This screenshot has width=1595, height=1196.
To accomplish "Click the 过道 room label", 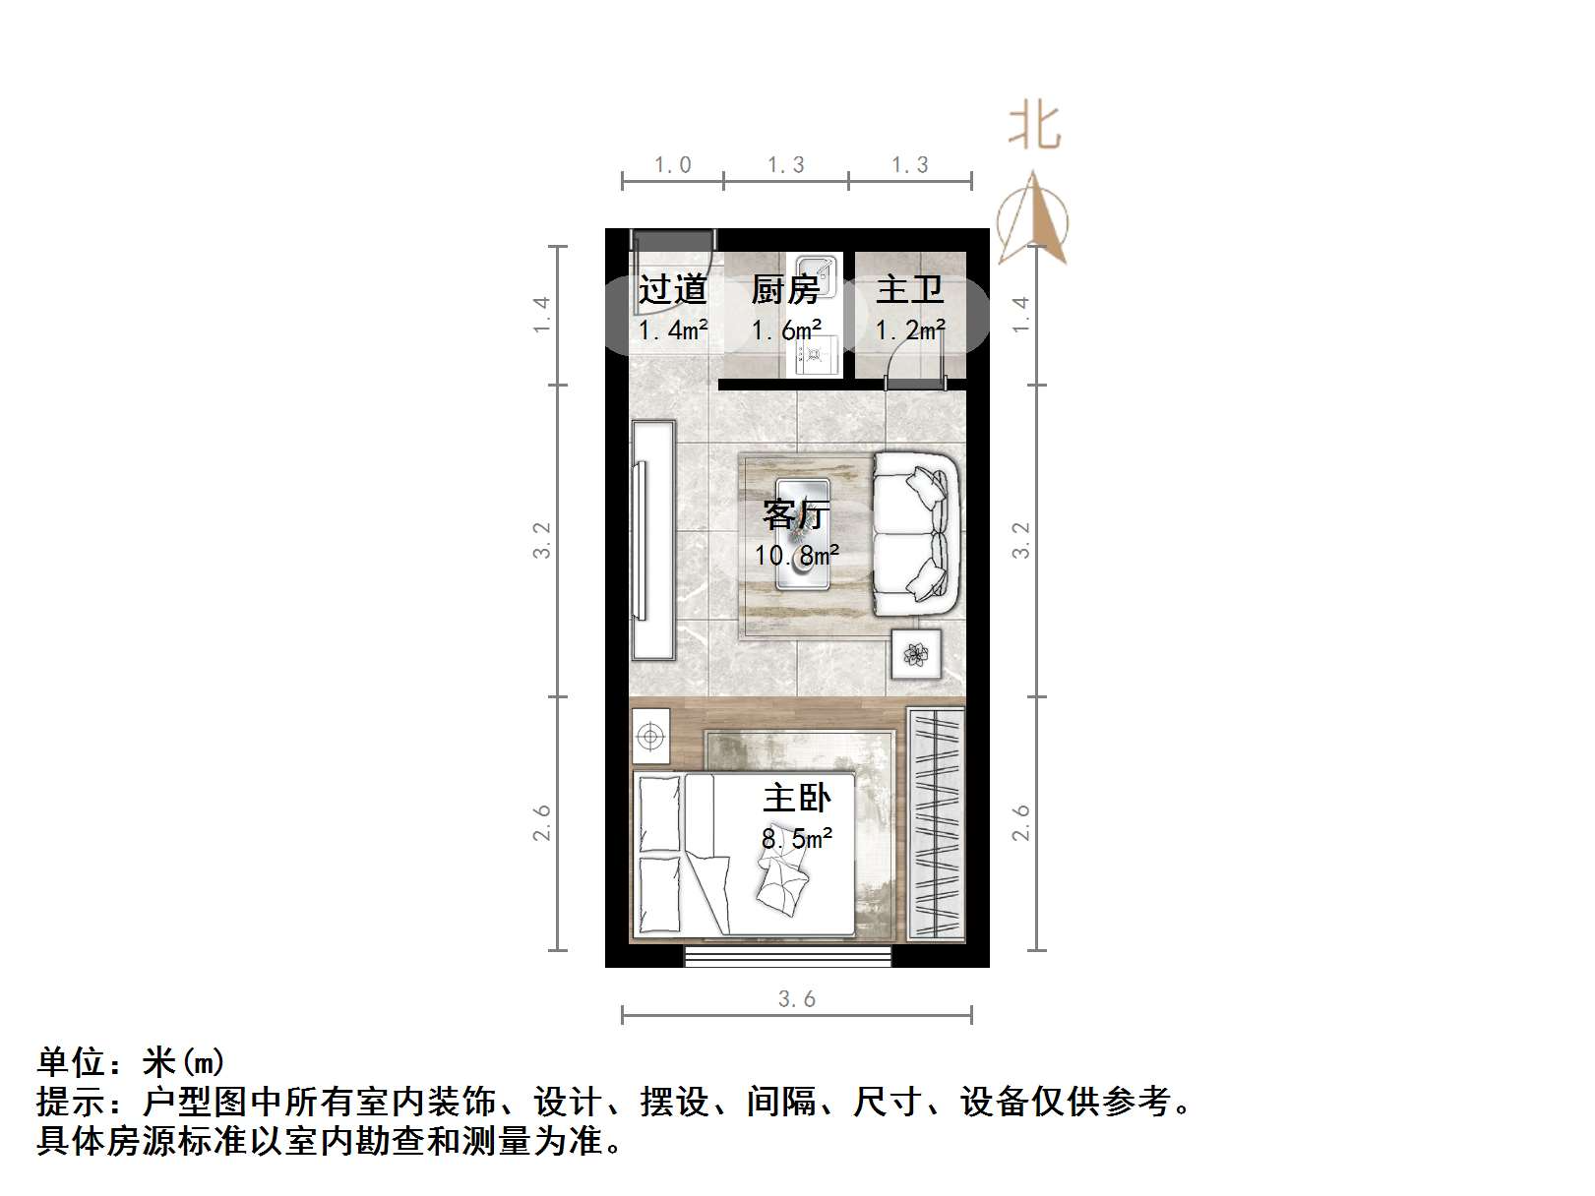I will [673, 289].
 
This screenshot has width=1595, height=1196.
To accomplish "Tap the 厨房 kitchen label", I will [785, 289].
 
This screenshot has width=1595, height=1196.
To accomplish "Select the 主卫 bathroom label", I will [910, 289].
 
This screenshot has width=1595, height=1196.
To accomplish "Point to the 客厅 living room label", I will [797, 514].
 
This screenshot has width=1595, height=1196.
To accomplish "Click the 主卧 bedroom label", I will [797, 798].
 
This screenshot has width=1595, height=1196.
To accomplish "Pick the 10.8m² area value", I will [797, 556].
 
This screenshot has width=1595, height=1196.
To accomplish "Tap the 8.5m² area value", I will [797, 839].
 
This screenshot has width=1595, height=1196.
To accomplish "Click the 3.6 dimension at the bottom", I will [797, 999].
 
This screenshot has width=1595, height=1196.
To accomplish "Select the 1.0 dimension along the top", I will [673, 165].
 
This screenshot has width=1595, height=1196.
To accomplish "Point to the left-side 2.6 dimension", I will [542, 823].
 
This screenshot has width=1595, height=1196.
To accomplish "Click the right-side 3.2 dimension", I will [1021, 540].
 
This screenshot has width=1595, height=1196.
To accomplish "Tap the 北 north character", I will [1034, 128].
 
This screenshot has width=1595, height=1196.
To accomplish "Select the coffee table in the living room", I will [803, 534].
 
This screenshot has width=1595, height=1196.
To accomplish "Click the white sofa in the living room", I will [916, 534].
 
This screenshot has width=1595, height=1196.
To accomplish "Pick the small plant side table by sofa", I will [916, 654].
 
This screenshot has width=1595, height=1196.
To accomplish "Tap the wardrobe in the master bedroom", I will [935, 824].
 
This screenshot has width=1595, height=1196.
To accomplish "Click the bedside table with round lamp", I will [650, 736].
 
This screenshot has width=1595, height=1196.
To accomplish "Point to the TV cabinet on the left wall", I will [652, 540].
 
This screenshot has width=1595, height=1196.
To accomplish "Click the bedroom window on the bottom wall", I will [788, 956].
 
